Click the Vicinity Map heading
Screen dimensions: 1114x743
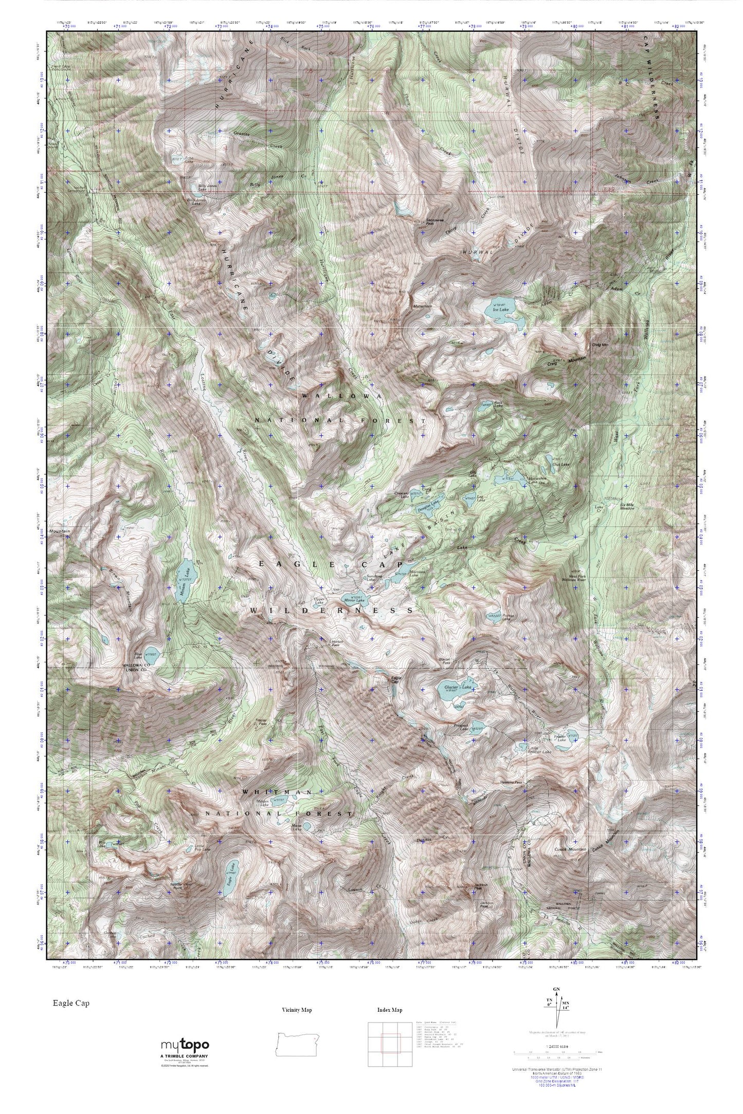coord(297,1010)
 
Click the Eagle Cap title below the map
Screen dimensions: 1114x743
coord(70,1003)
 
